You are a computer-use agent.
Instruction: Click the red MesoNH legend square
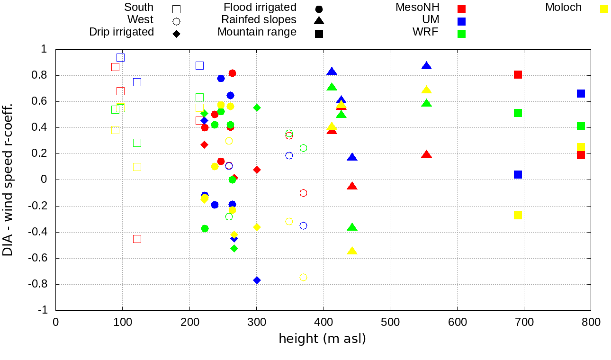coord(462,9)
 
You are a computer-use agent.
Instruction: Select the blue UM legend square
coord(462,21)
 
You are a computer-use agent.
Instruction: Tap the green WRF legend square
coord(462,34)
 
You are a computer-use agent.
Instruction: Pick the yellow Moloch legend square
coord(604,9)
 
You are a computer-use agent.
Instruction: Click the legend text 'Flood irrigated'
coord(260,8)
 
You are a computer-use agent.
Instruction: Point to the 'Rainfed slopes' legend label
coord(259,20)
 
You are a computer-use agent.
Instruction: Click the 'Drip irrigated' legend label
coord(121,32)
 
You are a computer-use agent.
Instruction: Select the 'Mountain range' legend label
coord(257,32)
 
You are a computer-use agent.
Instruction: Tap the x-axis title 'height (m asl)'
coord(322,339)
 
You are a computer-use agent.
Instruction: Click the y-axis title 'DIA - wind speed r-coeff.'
coord(8,180)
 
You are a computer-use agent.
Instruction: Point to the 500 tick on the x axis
coord(390,322)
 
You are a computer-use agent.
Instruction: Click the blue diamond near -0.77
coord(257,280)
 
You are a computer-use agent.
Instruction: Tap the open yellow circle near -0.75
coord(303,277)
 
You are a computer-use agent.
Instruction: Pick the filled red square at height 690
coord(518,74)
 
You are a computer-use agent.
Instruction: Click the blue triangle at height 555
coord(426,66)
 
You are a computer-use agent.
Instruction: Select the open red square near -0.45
coord(137,239)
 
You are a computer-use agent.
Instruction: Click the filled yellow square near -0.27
coord(518,215)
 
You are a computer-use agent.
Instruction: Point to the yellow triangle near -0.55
coord(352,251)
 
